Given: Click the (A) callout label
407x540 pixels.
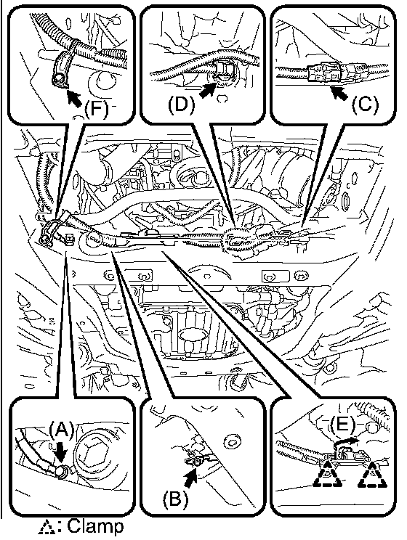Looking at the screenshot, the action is point(61,430).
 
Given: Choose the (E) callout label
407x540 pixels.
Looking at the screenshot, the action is point(342,424).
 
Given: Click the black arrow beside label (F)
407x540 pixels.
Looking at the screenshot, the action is point(74,98).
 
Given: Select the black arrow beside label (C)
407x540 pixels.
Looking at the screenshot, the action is point(339,92).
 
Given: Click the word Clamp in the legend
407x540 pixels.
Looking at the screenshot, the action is point(95,526).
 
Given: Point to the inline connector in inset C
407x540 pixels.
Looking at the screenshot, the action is point(328,74).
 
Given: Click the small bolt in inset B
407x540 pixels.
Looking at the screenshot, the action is point(196,462).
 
